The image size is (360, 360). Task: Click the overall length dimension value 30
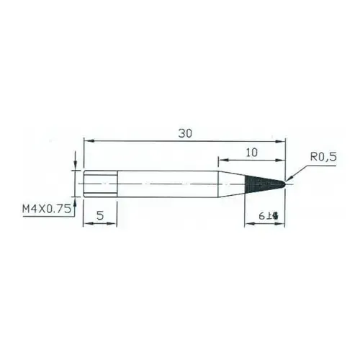pyautogui.click(x=186, y=133)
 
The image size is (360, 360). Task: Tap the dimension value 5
pyautogui.click(x=101, y=214)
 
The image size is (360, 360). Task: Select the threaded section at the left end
pyautogui.click(x=100, y=183)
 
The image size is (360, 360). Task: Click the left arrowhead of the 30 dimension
pyautogui.click(x=88, y=142)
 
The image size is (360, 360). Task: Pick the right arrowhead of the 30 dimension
pyautogui.click(x=283, y=142)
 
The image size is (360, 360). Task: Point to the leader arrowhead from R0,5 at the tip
pyautogui.click(x=288, y=180)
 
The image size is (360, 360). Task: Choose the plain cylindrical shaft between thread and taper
pyautogui.click(x=166, y=183)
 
